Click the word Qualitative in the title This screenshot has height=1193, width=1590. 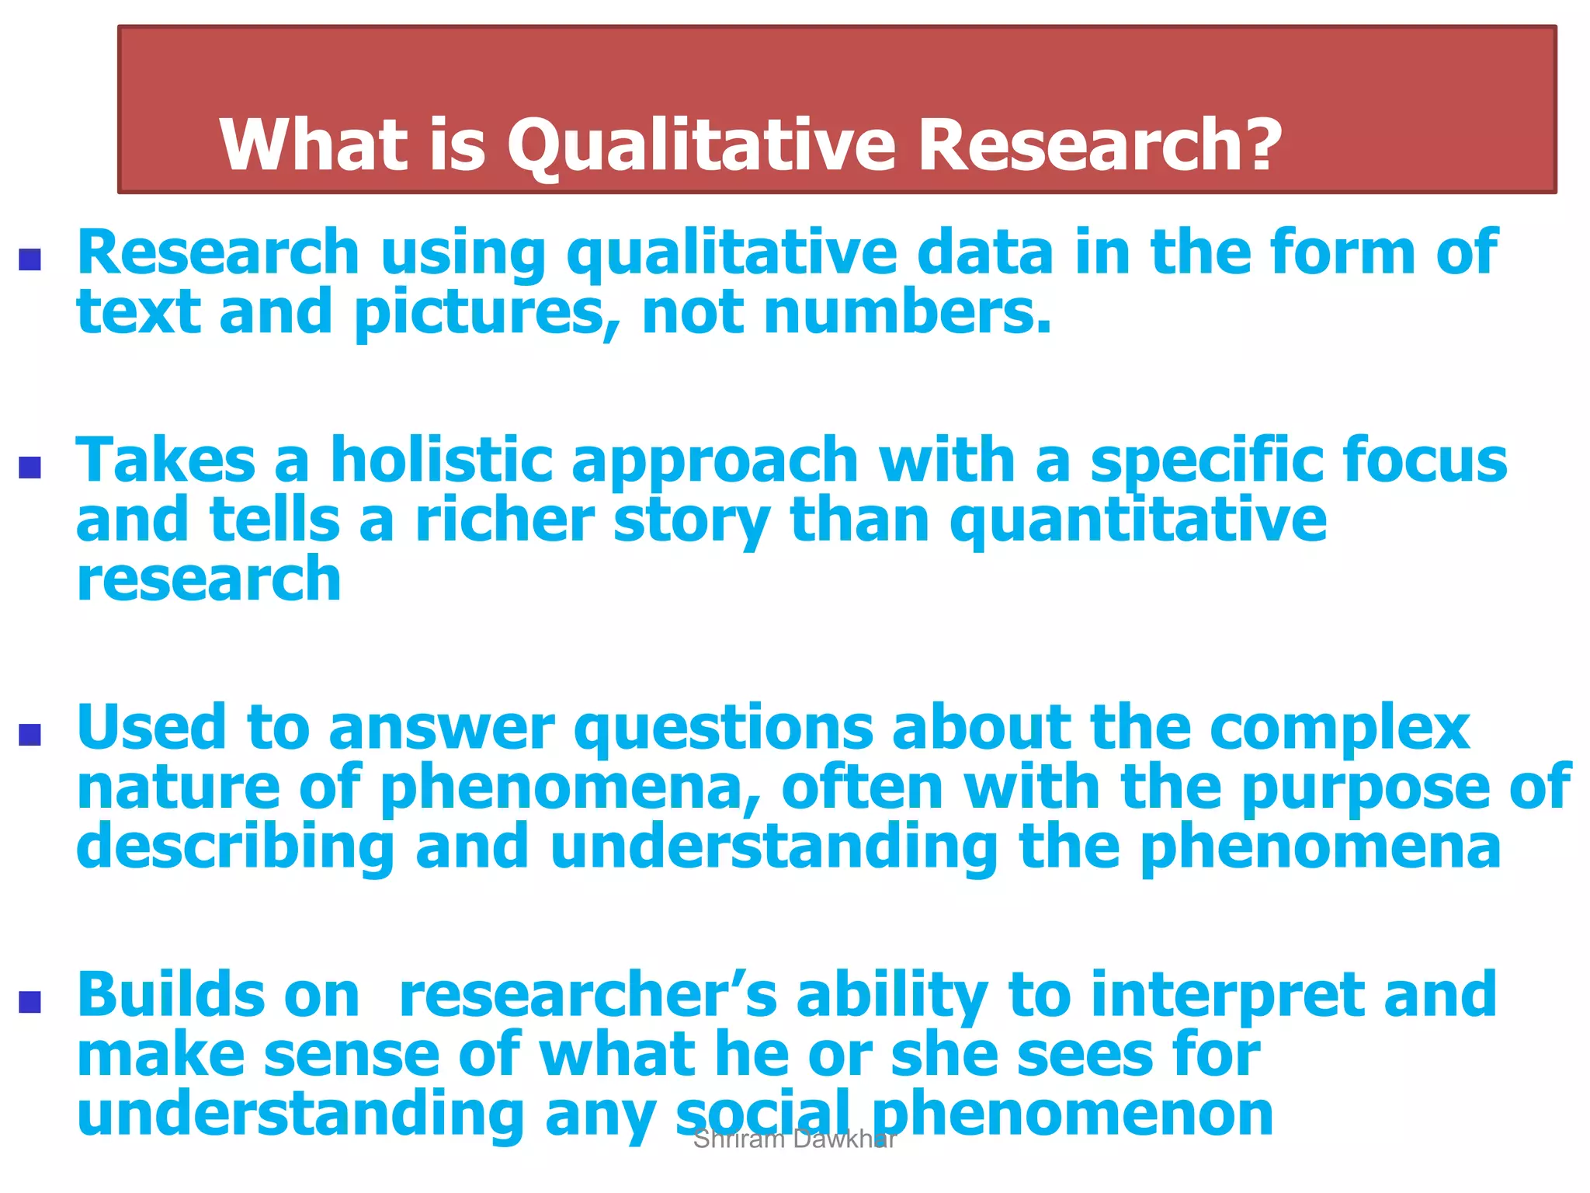700,145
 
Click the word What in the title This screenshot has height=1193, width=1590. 314,145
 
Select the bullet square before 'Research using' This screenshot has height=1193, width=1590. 30,259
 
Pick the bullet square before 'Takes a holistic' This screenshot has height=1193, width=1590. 30,467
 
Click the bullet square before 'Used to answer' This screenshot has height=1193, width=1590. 30,734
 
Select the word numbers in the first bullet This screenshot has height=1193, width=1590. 906,312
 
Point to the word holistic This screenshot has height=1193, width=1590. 441,460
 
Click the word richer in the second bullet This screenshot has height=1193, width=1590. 505,520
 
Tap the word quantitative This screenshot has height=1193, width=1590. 1138,522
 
